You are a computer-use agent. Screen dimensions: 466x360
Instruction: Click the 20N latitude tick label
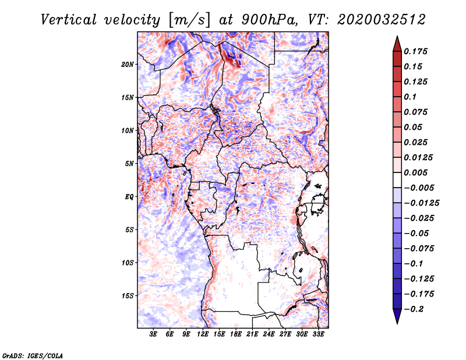128,65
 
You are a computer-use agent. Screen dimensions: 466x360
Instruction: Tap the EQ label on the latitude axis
129,197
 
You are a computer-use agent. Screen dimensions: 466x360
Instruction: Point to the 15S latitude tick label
128,296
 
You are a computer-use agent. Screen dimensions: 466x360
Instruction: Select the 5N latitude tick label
129,164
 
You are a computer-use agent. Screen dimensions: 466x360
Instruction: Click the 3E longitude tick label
153,334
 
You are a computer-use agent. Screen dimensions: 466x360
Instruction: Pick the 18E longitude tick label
236,334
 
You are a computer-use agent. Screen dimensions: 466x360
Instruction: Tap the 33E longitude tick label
318,334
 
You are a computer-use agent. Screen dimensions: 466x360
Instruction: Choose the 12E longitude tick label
203,334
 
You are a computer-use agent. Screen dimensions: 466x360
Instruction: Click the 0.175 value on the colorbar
415,51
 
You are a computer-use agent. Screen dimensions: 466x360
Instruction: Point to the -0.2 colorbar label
414,309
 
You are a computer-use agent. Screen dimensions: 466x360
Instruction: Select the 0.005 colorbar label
415,172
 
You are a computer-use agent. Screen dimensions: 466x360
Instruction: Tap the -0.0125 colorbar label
421,203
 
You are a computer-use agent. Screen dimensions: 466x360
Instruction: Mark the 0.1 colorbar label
410,97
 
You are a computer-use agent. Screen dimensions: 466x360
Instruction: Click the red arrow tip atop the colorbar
397,37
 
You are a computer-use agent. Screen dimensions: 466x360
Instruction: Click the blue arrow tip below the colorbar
397,323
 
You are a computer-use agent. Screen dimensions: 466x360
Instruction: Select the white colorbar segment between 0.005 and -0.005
397,180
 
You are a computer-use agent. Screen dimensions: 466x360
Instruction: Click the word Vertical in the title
69,20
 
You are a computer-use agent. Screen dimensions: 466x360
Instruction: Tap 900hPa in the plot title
269,20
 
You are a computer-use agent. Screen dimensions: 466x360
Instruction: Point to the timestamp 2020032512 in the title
382,20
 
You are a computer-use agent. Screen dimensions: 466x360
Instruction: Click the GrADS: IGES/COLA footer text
33,355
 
